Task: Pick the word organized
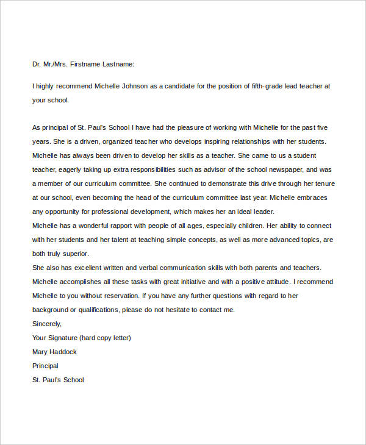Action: pyautogui.click(x=107, y=141)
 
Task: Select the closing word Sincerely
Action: pyautogui.click(x=46, y=324)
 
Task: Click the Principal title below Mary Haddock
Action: pyautogui.click(x=45, y=366)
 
